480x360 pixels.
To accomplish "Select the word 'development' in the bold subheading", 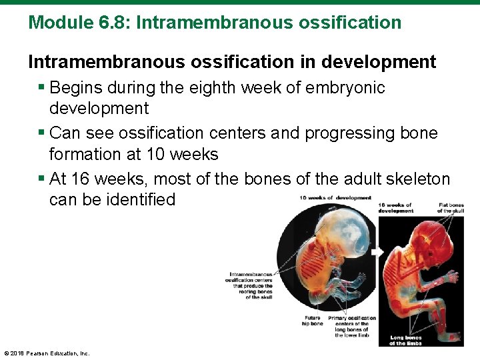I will coord(378,62).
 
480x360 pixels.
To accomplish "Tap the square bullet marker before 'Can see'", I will coord(43,133).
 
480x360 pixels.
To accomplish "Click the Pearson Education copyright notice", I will coord(47,353).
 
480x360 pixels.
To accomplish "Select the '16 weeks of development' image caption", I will coord(395,207).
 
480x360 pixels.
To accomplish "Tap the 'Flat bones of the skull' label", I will coord(451,207).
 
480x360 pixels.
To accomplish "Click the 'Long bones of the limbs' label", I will coord(406,341).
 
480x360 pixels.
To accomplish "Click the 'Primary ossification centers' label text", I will coord(352,326).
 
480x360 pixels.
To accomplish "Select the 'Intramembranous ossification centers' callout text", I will coord(250,285).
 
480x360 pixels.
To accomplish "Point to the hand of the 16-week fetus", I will coord(453,277).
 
